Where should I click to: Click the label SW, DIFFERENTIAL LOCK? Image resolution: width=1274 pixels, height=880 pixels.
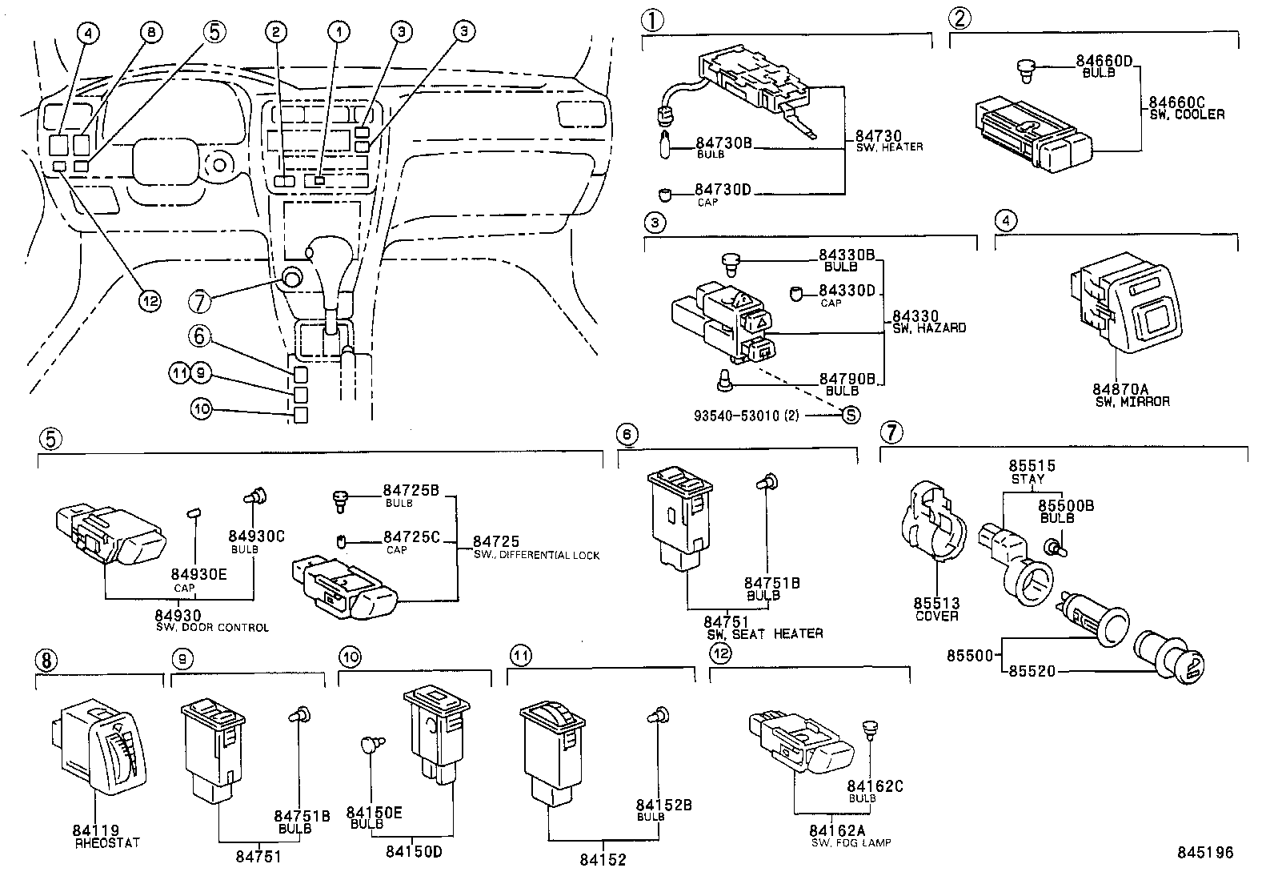[x=535, y=555]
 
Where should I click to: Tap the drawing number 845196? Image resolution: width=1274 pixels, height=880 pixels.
[x=1204, y=853]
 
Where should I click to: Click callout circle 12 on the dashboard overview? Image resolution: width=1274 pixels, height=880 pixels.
[x=150, y=300]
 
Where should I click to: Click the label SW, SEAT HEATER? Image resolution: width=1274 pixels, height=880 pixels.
[x=764, y=633]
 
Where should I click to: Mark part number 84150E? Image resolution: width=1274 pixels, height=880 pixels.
[x=375, y=813]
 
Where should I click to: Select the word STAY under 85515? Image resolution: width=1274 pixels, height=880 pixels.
[x=1028, y=479]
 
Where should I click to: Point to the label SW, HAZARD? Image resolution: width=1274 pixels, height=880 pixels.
[x=928, y=327]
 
